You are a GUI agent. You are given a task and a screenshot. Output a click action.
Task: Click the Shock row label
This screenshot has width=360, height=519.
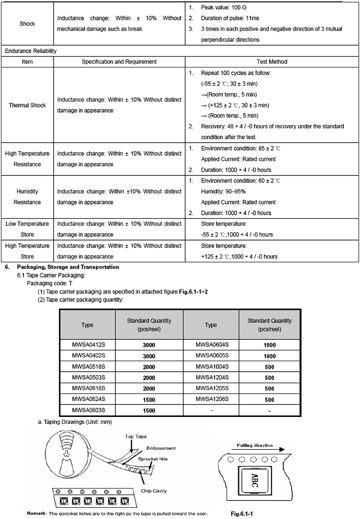(27, 24)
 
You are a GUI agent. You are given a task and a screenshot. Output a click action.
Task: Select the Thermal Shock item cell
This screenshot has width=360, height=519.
(27, 105)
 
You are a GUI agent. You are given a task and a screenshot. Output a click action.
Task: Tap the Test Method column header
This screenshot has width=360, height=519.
(271, 62)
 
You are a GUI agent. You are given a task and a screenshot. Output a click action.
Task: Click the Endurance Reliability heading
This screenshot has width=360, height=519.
(30, 51)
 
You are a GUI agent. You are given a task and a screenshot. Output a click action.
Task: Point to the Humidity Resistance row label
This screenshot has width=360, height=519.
(27, 197)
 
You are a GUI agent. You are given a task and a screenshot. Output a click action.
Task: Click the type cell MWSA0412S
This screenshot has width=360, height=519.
(86, 344)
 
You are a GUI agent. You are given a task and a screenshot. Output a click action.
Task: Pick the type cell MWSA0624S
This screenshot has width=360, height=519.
(86, 399)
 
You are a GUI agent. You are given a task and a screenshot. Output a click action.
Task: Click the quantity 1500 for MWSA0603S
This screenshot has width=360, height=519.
(149, 410)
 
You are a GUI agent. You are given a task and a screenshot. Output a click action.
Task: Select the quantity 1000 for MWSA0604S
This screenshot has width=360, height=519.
(270, 345)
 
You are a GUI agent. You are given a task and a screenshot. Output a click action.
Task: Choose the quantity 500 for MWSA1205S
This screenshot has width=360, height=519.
(270, 389)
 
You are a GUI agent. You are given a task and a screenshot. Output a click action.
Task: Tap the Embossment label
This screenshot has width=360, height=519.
(161, 448)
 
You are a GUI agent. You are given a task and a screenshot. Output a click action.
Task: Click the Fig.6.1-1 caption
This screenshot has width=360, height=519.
(242, 513)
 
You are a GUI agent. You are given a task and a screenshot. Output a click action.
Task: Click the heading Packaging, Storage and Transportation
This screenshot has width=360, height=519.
(68, 267)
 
